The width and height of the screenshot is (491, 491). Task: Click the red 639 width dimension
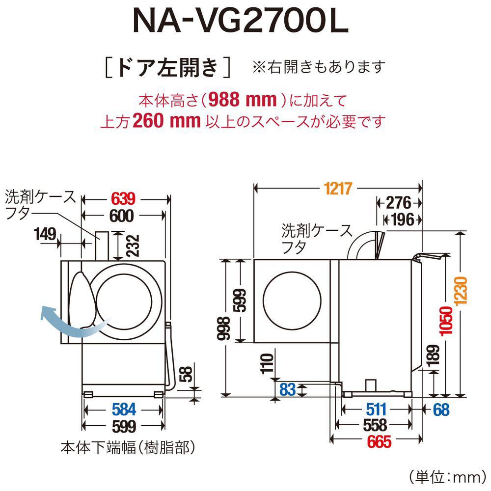[123, 199]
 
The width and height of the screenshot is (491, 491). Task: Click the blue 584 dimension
[124, 409]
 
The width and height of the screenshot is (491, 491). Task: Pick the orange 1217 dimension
[339, 188]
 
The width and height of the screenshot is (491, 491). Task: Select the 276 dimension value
[399, 203]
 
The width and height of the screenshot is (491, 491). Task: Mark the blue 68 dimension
[441, 409]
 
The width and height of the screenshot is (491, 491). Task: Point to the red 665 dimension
[377, 442]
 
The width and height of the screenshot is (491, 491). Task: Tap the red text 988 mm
[241, 100]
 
